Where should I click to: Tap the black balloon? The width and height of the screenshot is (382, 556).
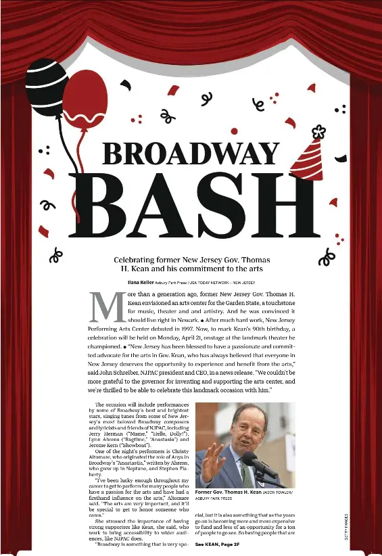pos(45,87)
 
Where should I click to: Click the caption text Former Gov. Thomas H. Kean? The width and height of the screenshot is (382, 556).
pos(228,492)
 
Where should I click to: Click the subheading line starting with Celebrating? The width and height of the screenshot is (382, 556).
pos(195,260)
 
